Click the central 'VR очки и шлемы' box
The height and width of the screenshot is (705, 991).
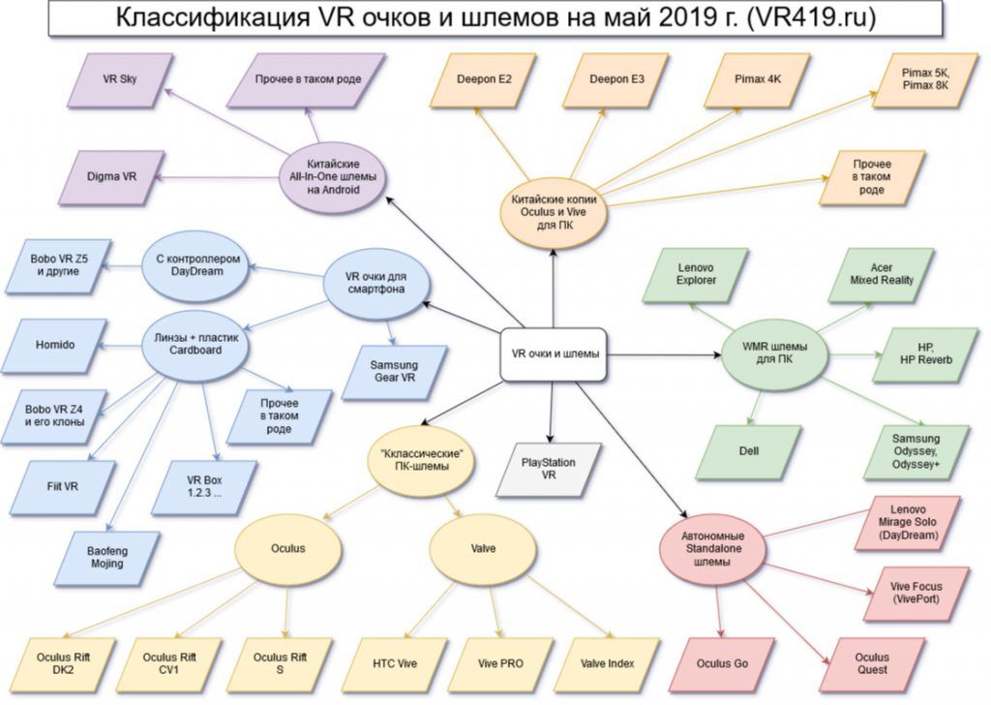point(554,354)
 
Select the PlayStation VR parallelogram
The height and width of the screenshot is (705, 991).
point(549,469)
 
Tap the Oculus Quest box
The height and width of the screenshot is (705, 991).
point(872,664)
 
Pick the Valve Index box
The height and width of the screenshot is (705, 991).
point(607,664)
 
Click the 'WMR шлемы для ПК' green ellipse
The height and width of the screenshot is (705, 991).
point(774,353)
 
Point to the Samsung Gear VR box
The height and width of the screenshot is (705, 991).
point(395,372)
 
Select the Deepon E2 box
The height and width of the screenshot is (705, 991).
point(484,79)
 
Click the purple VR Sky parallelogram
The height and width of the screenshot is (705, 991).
point(119,79)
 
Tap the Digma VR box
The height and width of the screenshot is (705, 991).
point(111,177)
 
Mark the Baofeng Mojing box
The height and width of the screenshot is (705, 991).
point(106,558)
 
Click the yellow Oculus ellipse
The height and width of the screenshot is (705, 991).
point(288,548)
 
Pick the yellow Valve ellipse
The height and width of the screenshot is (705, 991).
point(483,548)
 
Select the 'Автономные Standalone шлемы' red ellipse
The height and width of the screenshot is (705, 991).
point(712,549)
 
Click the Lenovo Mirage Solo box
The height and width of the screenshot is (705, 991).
point(908,523)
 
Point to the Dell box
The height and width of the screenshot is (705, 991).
point(748,451)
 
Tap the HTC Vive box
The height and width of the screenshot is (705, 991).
point(395,664)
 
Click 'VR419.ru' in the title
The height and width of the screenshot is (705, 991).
point(810,17)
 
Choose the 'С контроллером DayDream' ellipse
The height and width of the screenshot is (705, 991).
point(196,265)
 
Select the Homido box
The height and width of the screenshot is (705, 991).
point(55,345)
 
